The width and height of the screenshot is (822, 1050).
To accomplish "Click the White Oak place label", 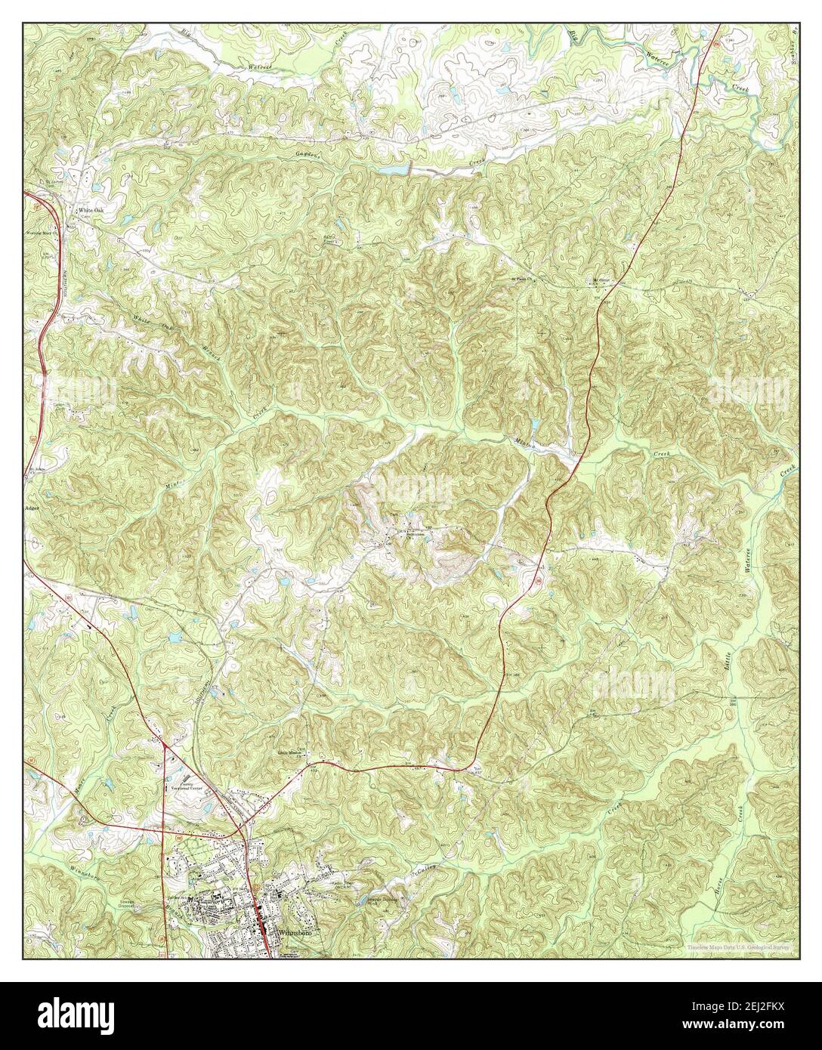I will (88, 211).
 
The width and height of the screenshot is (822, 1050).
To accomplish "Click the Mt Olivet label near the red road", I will (601, 280).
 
